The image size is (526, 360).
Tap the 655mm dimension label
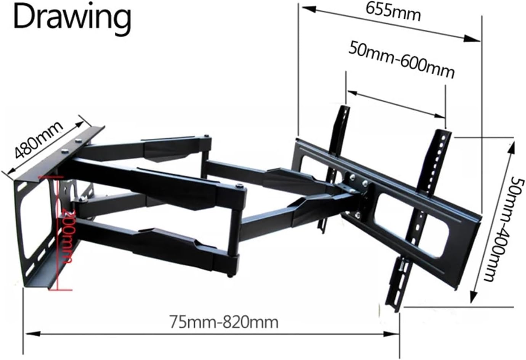[x=393, y=13]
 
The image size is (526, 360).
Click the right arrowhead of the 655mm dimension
[x=475, y=38]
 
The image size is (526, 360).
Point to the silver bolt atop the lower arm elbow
[x=239, y=186]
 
